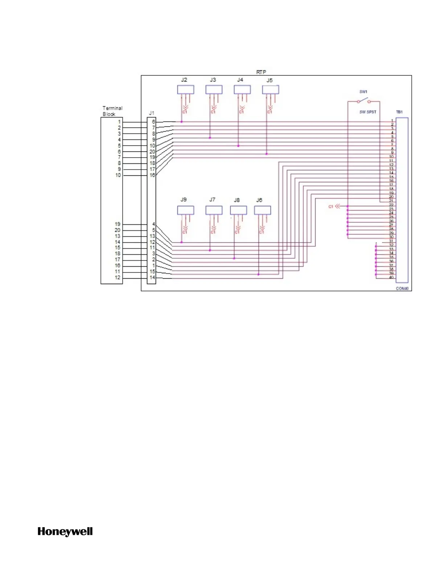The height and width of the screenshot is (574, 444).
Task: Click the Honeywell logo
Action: (65, 532)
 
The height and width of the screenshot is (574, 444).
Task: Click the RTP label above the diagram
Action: (261, 72)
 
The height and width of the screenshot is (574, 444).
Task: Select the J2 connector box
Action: (185, 90)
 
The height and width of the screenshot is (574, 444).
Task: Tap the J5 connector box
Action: (271, 90)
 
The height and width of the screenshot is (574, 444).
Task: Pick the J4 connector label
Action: (240, 80)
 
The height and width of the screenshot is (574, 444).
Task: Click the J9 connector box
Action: (185, 210)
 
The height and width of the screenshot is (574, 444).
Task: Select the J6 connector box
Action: (263, 210)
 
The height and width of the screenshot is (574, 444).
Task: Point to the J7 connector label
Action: (212, 200)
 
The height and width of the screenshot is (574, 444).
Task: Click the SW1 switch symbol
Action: (363, 101)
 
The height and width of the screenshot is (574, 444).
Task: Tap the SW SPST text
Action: (368, 112)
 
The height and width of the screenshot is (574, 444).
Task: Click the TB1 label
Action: (399, 112)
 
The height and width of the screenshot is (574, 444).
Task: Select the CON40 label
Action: (402, 288)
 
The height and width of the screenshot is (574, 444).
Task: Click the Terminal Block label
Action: (112, 111)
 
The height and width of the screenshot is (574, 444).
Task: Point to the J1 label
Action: (152, 113)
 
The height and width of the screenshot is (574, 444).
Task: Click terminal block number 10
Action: (118, 175)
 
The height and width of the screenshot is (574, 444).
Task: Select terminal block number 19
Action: (118, 224)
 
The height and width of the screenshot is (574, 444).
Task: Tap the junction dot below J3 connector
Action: (210, 138)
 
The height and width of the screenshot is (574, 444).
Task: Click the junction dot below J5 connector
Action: (267, 154)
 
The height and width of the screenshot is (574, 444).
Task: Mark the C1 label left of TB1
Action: (330, 207)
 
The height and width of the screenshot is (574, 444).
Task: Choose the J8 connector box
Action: (238, 210)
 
